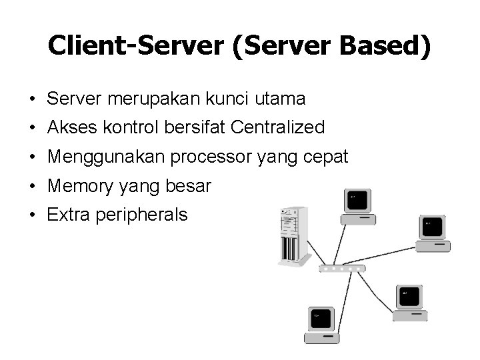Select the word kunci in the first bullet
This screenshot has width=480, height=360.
coord(225,99)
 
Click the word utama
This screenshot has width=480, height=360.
coord(280,99)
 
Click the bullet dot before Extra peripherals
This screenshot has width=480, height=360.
coord(33,215)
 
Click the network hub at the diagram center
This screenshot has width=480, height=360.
coord(342,268)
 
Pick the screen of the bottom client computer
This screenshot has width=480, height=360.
coord(321,318)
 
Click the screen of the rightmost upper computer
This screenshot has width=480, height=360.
coord(433,226)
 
